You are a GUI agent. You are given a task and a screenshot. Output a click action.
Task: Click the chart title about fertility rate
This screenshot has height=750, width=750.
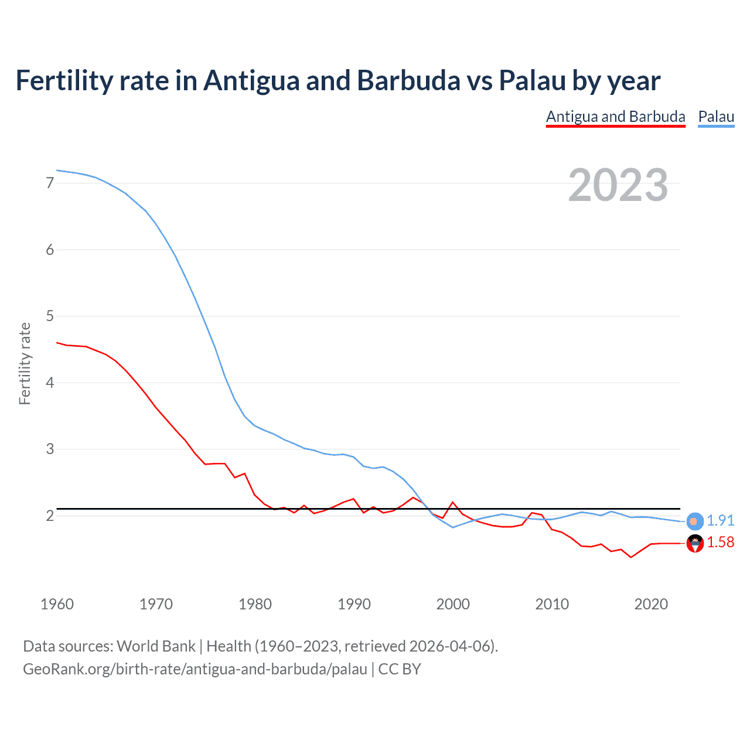(337, 81)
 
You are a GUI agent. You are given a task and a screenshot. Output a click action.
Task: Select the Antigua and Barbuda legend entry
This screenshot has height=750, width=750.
(615, 117)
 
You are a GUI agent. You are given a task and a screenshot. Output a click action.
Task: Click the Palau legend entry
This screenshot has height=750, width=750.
(716, 117)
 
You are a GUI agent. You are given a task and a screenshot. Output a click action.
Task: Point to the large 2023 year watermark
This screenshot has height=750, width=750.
(618, 185)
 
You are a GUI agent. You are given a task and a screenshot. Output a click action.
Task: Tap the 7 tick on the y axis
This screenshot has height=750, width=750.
(50, 183)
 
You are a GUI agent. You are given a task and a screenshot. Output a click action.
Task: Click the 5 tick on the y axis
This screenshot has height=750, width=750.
(50, 316)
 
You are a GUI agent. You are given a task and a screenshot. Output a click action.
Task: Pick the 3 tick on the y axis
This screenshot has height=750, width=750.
(50, 449)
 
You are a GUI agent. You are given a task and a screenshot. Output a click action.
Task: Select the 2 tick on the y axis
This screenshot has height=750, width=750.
(50, 516)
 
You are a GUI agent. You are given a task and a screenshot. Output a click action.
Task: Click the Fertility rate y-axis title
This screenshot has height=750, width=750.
(25, 363)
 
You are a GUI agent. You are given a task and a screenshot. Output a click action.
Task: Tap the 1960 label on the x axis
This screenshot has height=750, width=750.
(57, 604)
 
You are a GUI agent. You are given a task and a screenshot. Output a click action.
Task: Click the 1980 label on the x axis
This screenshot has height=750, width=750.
(255, 604)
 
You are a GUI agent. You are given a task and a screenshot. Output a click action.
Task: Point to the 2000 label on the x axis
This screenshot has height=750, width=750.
(453, 604)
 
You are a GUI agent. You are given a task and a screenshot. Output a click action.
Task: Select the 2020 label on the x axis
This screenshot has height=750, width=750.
(651, 604)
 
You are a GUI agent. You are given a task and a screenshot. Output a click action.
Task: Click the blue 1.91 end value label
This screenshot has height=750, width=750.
(720, 520)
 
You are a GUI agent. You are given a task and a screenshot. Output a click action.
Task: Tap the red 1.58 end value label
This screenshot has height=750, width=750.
(720, 543)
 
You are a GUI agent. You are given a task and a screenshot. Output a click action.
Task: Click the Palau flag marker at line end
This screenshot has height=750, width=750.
(694, 521)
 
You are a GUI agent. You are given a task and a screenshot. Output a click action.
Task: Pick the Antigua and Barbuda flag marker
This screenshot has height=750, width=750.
(694, 544)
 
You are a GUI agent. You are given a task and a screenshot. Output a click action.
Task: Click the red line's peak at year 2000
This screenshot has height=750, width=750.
(453, 502)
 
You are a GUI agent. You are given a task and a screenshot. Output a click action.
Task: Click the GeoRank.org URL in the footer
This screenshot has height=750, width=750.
(195, 669)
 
